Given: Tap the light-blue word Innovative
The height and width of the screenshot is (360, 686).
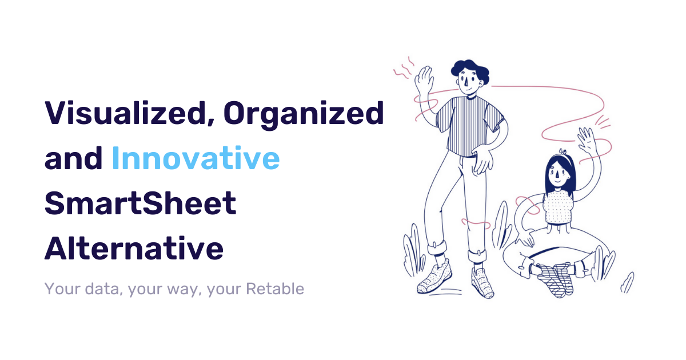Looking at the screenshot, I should [196, 159].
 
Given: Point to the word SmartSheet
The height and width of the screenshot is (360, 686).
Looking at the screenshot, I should [141, 204].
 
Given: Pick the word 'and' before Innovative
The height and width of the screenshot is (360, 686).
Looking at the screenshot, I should [73, 159].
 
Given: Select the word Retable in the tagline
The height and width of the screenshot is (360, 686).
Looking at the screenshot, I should [274, 289].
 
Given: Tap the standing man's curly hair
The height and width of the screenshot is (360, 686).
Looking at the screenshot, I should [470, 71].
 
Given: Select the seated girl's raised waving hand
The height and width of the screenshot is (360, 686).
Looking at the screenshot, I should [587, 140].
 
